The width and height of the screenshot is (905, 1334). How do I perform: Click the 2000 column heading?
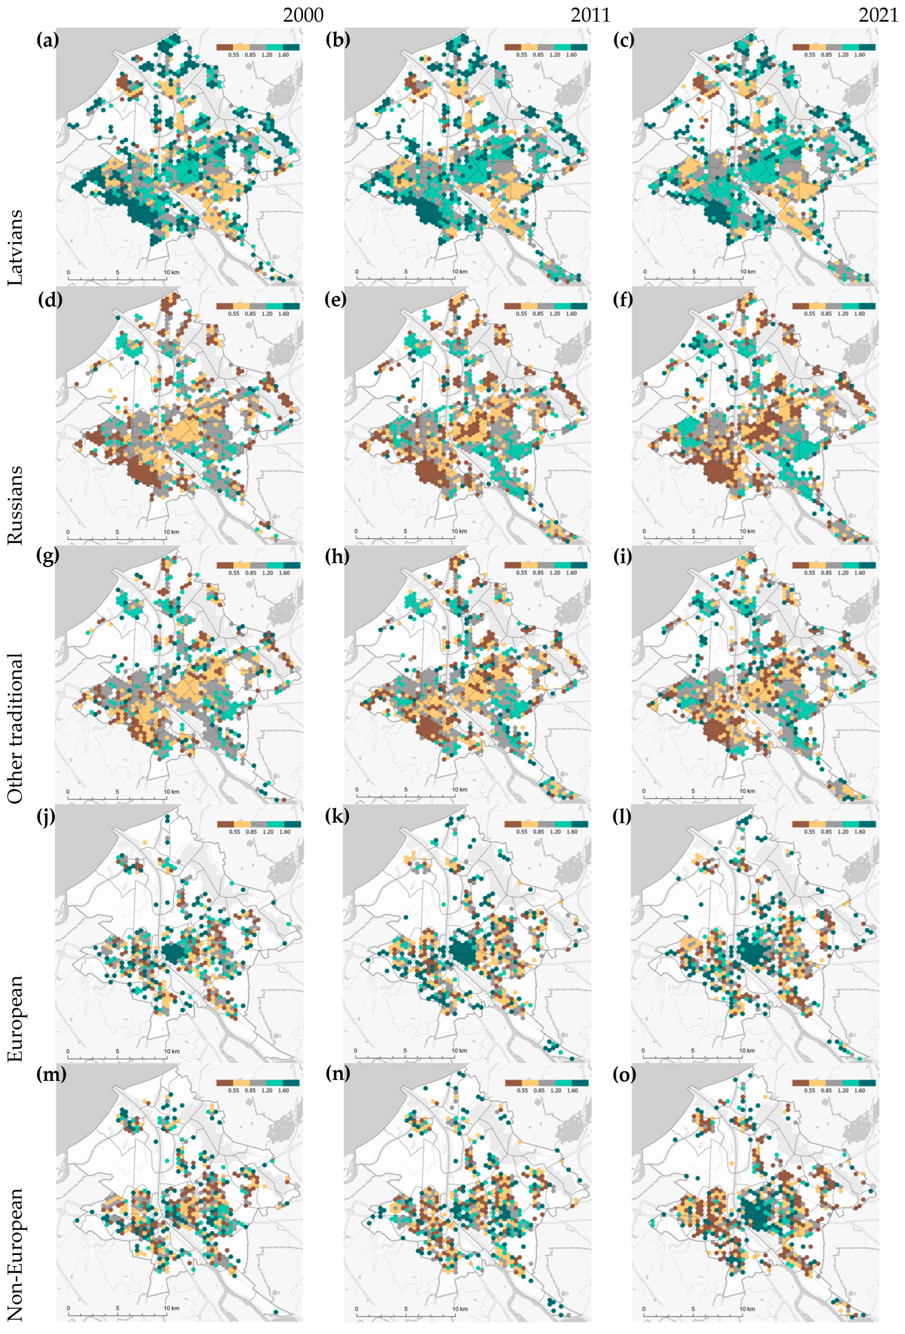click(x=303, y=15)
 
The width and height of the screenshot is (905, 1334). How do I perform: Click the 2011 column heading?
click(x=590, y=15)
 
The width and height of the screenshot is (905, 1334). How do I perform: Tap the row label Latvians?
click(x=16, y=247)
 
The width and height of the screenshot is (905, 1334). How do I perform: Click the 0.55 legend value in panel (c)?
click(x=809, y=55)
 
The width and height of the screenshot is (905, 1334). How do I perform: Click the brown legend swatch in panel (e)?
click(x=513, y=306)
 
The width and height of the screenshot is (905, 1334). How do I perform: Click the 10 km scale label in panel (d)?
click(x=171, y=532)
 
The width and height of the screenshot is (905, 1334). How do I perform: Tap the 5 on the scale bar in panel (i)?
click(x=693, y=791)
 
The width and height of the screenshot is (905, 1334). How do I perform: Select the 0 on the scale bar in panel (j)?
click(x=68, y=1051)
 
